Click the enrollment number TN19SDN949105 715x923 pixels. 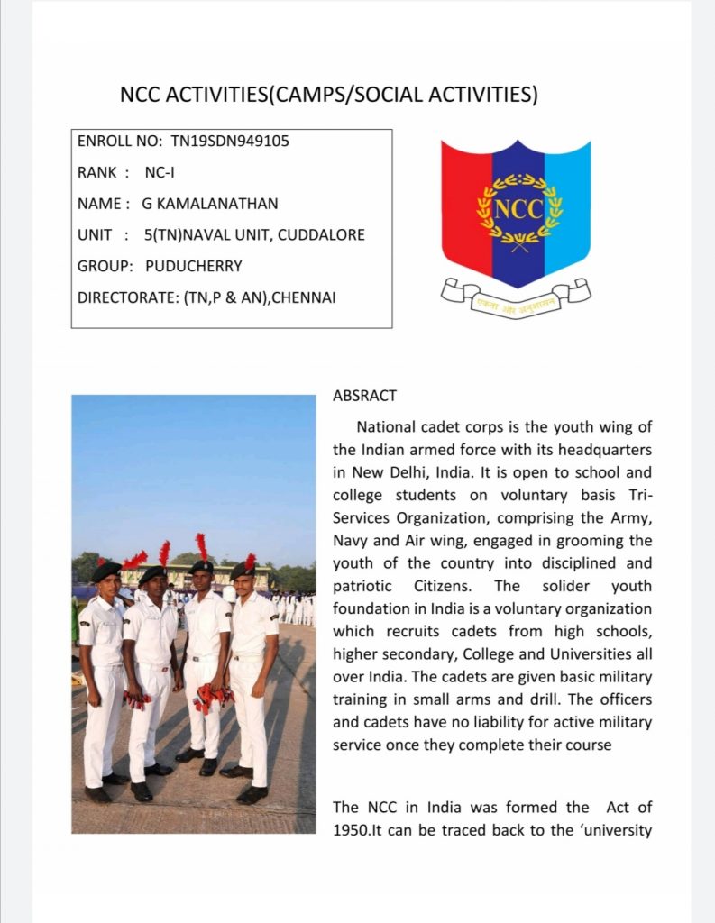pyautogui.click(x=230, y=142)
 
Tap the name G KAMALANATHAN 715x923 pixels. pyautogui.click(x=210, y=204)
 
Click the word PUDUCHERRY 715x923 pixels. pyautogui.click(x=194, y=267)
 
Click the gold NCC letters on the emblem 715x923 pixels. pyautogui.click(x=518, y=209)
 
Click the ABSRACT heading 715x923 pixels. pyautogui.click(x=364, y=396)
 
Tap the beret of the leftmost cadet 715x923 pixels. pyautogui.click(x=105, y=570)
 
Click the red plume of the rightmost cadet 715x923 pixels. pyautogui.click(x=250, y=561)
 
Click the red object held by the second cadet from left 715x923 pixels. pyautogui.click(x=138, y=699)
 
